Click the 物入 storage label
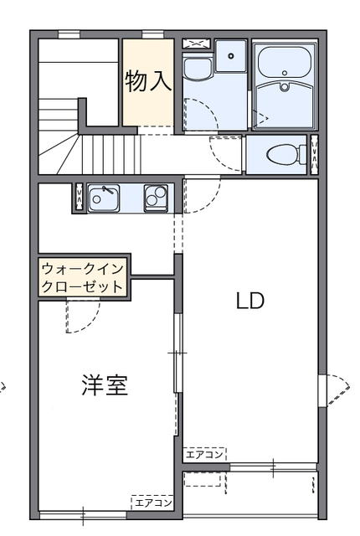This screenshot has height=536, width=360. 149,80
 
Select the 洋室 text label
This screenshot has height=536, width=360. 105,387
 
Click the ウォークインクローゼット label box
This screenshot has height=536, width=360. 83,277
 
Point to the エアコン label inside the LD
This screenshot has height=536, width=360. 205,454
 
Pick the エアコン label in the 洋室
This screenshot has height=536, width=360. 152,502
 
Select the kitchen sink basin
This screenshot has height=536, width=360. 104,198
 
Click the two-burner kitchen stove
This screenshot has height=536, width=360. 156,198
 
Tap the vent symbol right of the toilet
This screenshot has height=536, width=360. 315,154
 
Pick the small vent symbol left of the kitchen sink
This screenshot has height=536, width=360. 79,198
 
